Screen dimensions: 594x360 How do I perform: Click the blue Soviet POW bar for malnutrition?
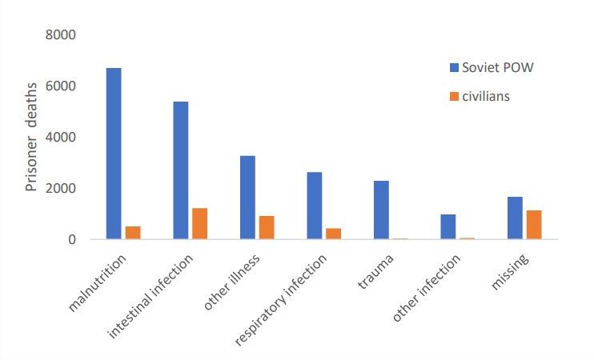[x=114, y=154]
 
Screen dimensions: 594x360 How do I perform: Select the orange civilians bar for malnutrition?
[x=133, y=233]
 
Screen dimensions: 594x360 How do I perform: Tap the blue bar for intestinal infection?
[x=181, y=170]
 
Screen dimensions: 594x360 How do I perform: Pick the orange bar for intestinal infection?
[x=199, y=223]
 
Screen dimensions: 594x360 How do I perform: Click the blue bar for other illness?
[x=247, y=198]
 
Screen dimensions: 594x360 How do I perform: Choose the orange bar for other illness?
[x=267, y=227]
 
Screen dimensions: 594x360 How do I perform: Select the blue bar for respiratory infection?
[x=315, y=206]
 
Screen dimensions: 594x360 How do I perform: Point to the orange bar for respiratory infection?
[x=333, y=234]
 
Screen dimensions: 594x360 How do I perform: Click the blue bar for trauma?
[x=382, y=210]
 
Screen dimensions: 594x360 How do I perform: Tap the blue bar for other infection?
[x=448, y=226]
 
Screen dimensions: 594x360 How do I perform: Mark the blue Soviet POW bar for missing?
[x=516, y=218]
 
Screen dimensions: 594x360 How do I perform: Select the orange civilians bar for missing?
[x=534, y=225]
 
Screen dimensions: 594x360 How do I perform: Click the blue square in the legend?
[x=454, y=68]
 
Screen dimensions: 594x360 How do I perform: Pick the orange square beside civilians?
[x=454, y=96]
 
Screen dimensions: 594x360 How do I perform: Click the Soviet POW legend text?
[x=498, y=68]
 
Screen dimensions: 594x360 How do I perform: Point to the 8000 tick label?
[x=61, y=35]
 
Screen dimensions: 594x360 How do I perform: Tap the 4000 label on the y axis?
[x=61, y=137]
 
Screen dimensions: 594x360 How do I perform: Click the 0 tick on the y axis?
[x=72, y=239]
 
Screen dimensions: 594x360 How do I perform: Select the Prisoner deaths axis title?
[x=31, y=137]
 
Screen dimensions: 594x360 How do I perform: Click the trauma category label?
[x=375, y=271]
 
